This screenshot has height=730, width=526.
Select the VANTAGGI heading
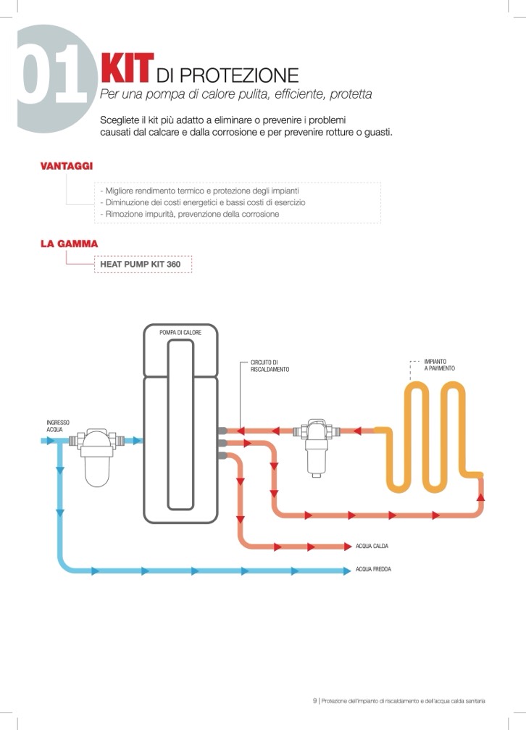coord(66,166)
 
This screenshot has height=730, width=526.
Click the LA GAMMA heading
coord(69,244)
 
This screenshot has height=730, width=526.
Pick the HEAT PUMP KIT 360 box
coord(143,264)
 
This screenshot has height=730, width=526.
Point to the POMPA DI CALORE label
coord(180,332)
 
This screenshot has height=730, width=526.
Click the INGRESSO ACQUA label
coord(57,426)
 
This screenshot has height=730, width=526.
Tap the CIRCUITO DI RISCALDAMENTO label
coord(270,366)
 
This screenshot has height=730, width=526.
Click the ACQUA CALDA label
coord(372,546)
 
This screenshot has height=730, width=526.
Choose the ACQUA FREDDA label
coord(373,570)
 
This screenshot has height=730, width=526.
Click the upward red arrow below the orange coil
coord(480,497)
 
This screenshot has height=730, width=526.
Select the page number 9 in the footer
coord(315,700)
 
